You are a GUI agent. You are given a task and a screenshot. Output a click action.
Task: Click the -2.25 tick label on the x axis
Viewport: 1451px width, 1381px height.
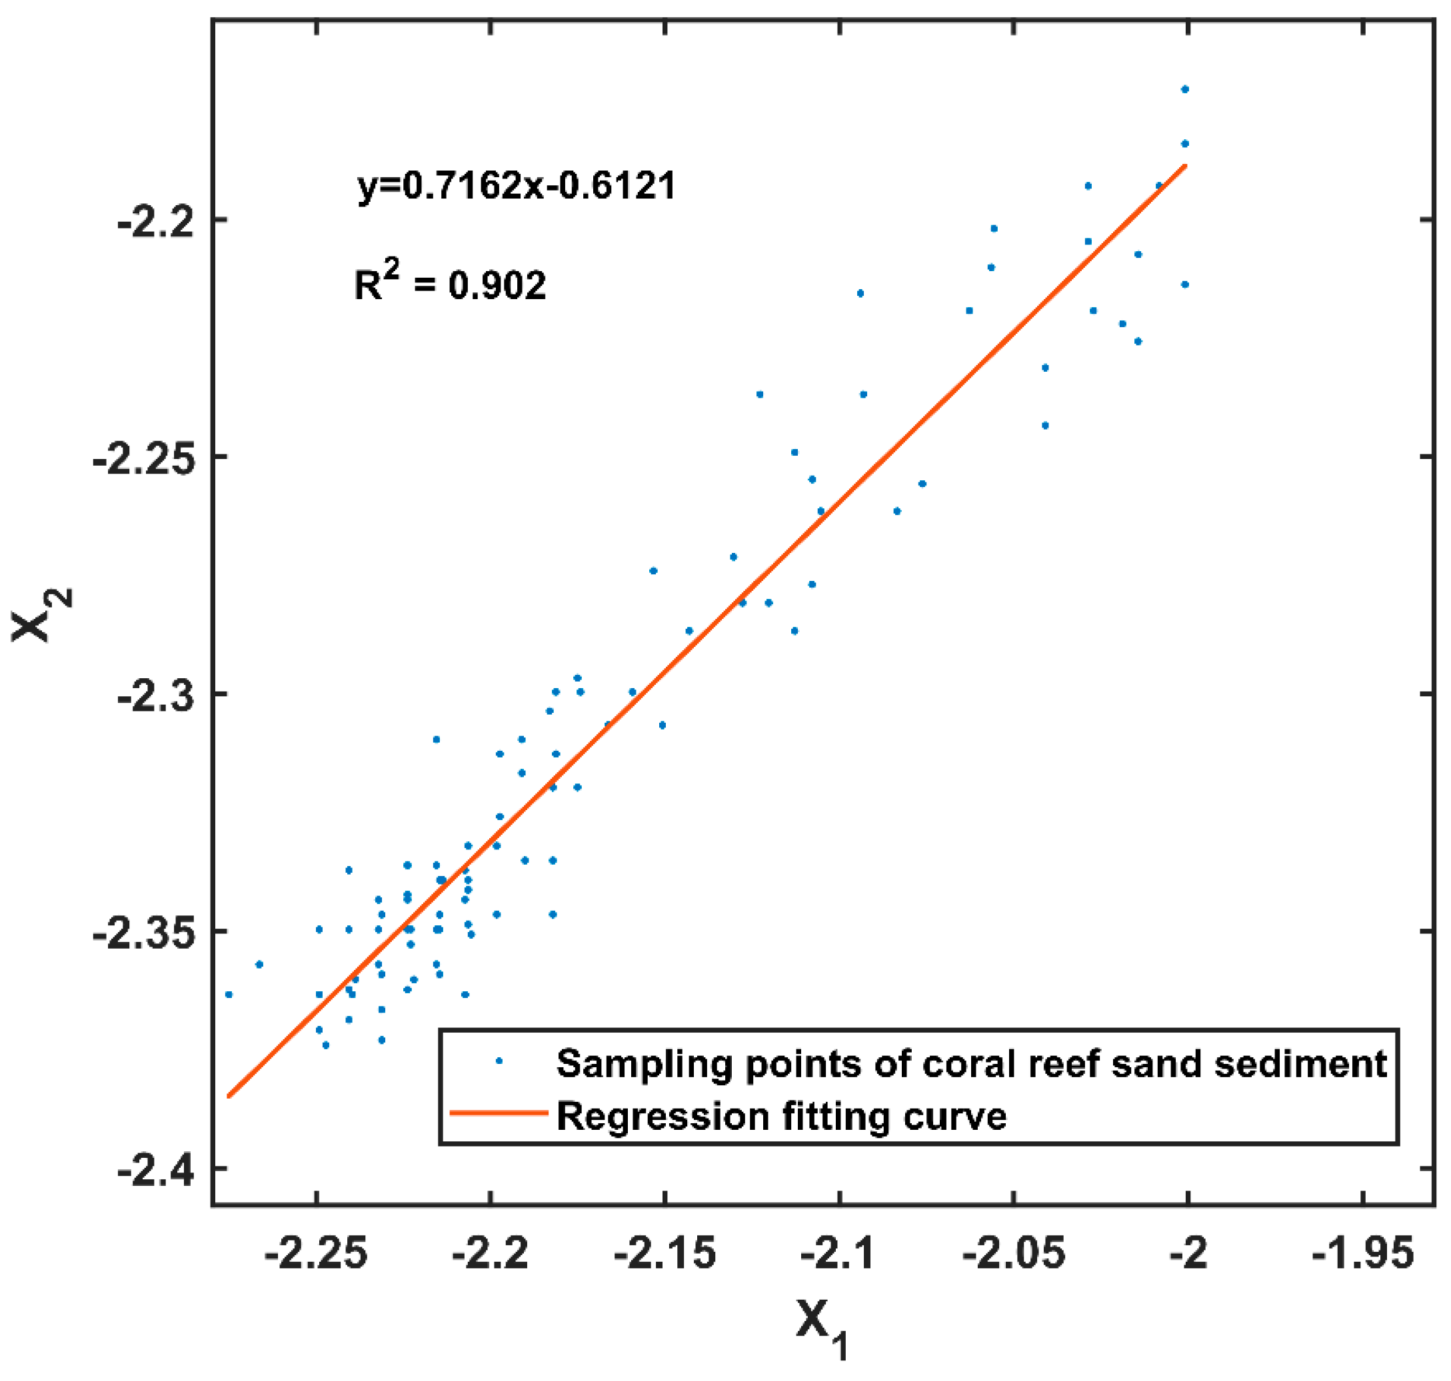pyautogui.click(x=317, y=1252)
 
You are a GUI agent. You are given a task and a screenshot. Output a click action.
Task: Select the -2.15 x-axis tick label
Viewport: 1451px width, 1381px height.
pyautogui.click(x=665, y=1252)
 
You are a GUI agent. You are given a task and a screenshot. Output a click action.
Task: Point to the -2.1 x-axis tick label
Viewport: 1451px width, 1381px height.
pyautogui.click(x=839, y=1252)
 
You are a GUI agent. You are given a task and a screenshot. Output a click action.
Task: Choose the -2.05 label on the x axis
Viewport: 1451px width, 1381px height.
pyautogui.click(x=1014, y=1252)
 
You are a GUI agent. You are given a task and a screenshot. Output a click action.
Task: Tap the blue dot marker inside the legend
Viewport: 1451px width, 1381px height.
pyautogui.click(x=499, y=1061)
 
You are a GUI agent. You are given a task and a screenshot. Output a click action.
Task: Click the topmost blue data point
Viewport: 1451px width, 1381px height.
pyautogui.click(x=1185, y=90)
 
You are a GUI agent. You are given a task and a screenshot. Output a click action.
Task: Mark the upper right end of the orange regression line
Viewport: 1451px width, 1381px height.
pyautogui.click(x=1185, y=166)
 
